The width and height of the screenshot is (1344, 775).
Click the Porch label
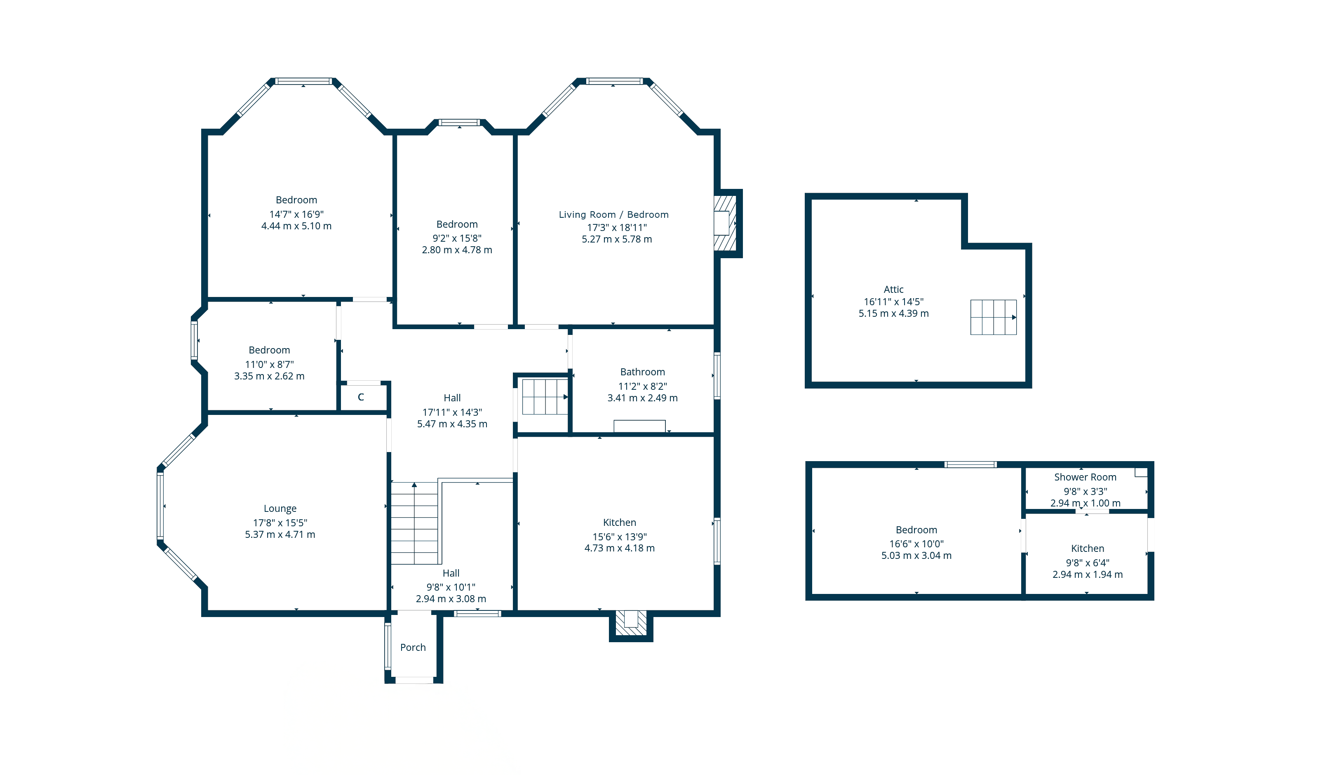(x=412, y=647)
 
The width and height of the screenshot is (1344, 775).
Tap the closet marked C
(x=361, y=397)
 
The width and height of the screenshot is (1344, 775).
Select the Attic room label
(x=893, y=289)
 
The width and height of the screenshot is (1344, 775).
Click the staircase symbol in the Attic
(x=993, y=317)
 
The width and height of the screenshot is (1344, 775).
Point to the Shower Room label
(x=1085, y=477)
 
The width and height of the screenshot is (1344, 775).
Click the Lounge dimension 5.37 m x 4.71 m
(x=280, y=535)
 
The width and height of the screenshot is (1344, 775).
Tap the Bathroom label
(x=642, y=372)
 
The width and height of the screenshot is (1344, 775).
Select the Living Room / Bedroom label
(x=613, y=214)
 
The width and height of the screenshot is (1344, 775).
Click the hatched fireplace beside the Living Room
(x=725, y=223)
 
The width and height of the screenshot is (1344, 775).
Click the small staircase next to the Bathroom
(x=544, y=396)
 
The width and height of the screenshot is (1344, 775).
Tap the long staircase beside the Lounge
(x=414, y=523)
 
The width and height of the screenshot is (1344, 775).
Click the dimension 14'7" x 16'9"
(x=296, y=214)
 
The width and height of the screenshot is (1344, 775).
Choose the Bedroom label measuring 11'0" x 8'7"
(x=269, y=350)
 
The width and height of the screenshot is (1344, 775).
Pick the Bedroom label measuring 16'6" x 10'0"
(x=916, y=530)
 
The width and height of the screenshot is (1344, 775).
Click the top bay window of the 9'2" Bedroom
(x=459, y=123)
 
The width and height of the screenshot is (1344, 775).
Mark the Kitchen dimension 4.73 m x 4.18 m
(x=619, y=548)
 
